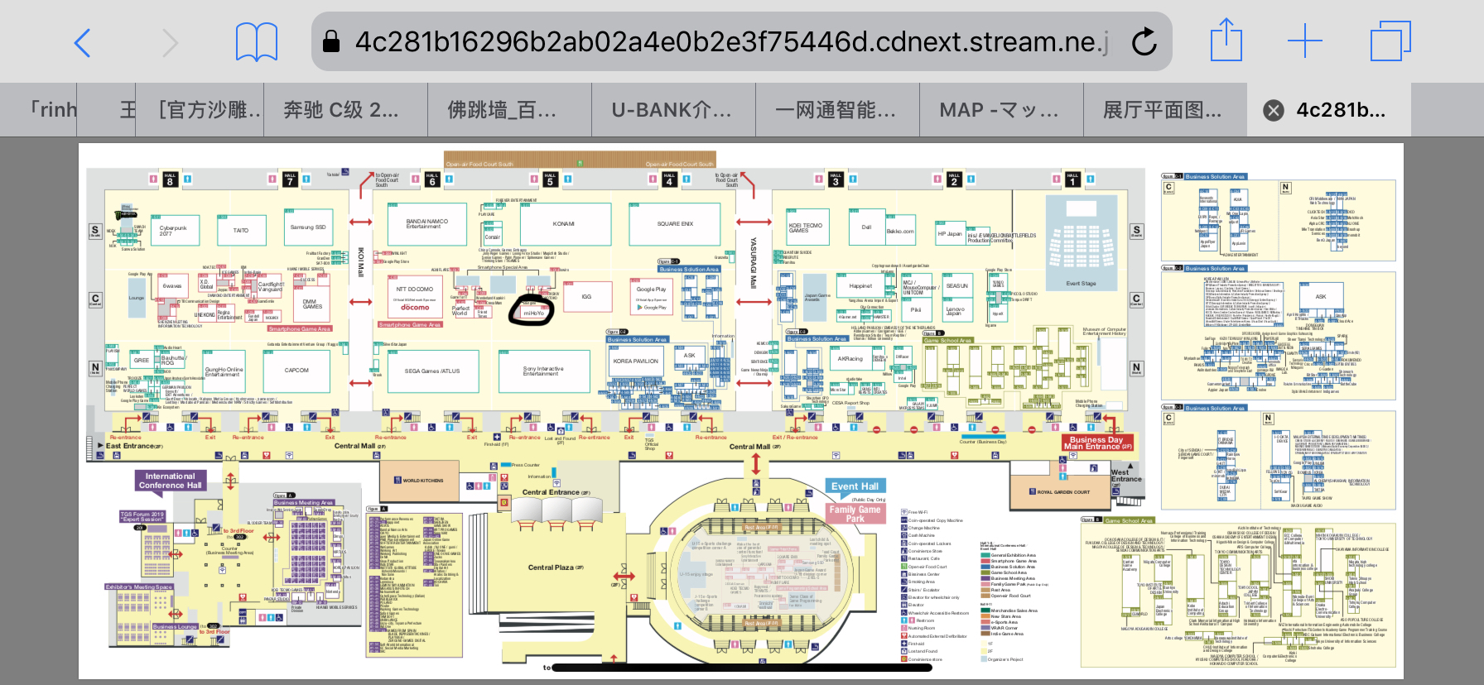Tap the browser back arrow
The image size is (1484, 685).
[x=82, y=42]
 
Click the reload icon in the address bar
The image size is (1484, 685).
[x=1144, y=41]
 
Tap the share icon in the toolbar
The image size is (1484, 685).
[x=1226, y=41]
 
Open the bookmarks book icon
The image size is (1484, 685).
[x=257, y=42]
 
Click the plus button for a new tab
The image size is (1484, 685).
[x=1304, y=41]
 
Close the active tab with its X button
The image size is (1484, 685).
[x=1274, y=111]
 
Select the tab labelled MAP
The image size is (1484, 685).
[x=999, y=110]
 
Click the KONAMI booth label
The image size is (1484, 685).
[x=564, y=224]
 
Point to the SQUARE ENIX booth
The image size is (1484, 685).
[x=675, y=224]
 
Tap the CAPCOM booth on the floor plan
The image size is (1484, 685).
[x=296, y=371]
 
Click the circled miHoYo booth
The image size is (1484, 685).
[x=533, y=314]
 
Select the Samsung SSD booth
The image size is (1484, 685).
[x=308, y=228]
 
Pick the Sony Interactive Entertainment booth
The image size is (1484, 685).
[x=543, y=371]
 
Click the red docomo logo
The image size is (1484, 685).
[x=415, y=307]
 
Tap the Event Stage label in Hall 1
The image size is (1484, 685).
[x=1081, y=284]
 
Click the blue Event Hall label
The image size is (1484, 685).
[x=855, y=486]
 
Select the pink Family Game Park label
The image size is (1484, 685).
[x=855, y=514]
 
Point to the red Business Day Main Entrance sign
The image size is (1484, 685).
[x=1097, y=443]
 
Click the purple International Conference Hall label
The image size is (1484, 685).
[x=170, y=481]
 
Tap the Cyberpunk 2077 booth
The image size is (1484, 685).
[x=173, y=230]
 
